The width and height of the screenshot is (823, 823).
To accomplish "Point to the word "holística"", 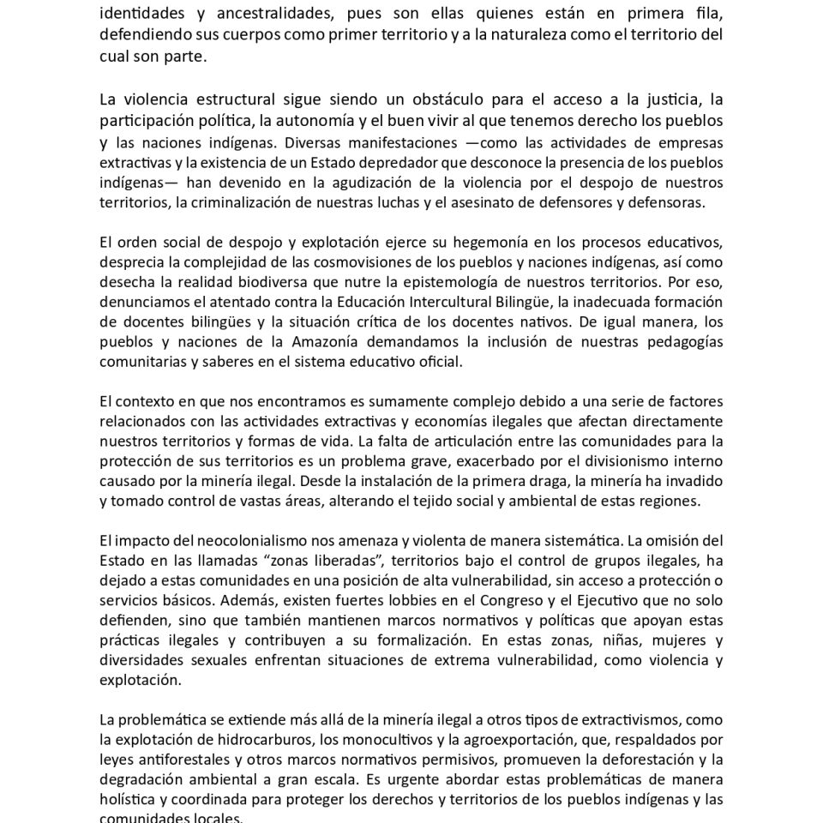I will [x=125, y=799].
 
